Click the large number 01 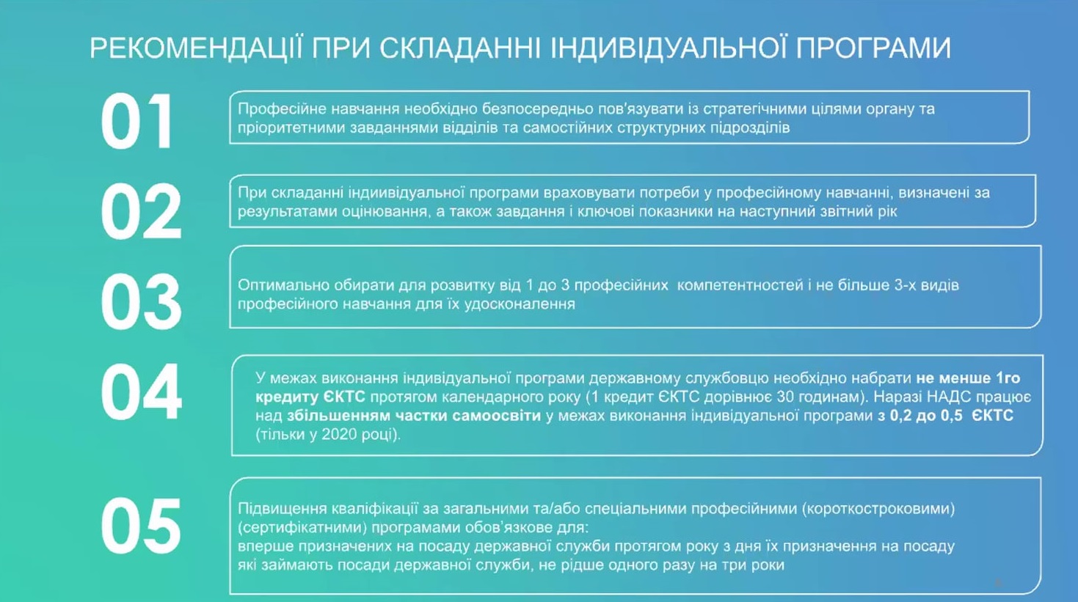tap(136, 121)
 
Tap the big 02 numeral tap(141, 211)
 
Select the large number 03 tap(141, 301)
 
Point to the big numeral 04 tap(141, 392)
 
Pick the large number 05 tap(141, 526)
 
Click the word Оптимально tap(277, 285)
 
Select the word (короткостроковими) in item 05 tap(878, 509)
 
